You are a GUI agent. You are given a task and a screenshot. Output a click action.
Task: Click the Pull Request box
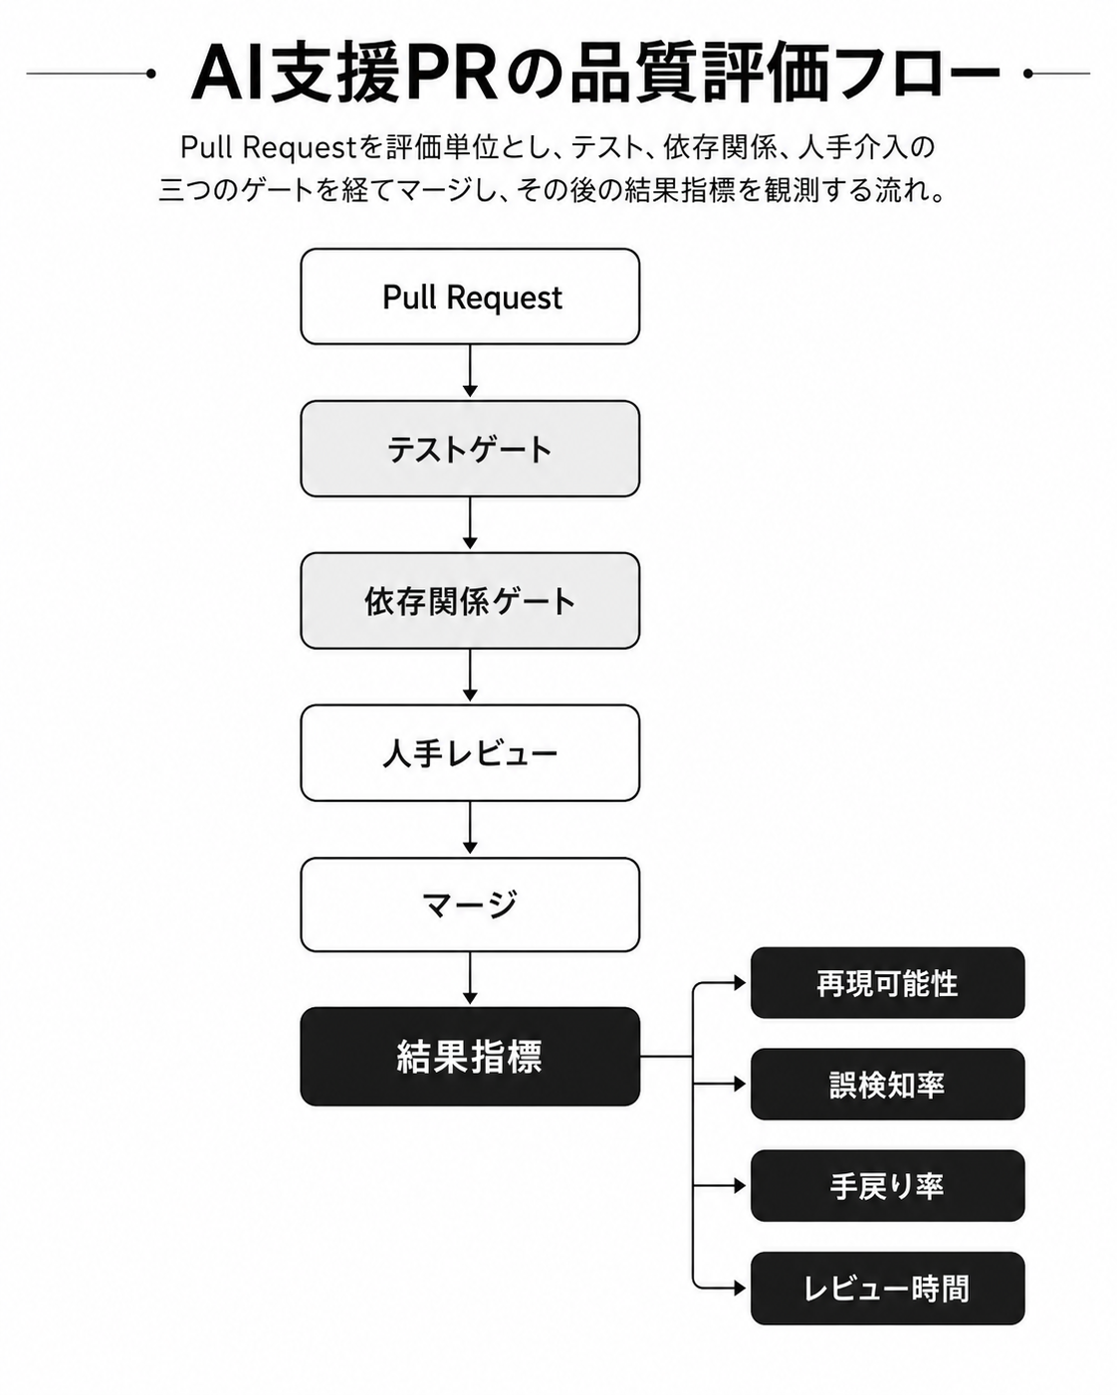470,297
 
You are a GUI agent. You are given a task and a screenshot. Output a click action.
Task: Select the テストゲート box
470,449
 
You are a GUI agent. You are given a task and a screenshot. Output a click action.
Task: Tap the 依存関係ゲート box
470,600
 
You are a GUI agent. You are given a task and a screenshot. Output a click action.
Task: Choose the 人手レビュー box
470,752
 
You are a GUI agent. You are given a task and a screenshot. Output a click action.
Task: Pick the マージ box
470,904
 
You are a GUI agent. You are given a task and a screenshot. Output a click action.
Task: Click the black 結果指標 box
470,1056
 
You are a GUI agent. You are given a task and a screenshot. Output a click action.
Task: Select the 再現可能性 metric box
887,983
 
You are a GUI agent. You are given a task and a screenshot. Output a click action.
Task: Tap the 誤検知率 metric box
887,1084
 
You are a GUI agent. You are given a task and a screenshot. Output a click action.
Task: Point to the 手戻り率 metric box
887,1186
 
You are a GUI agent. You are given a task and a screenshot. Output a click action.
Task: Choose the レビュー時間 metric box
887,1289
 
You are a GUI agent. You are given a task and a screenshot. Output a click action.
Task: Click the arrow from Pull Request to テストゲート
470,371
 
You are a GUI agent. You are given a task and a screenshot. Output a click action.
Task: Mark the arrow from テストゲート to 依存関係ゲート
470,523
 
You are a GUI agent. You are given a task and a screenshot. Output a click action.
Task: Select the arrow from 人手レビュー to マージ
470,828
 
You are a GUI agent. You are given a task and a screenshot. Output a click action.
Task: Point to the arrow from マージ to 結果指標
470,979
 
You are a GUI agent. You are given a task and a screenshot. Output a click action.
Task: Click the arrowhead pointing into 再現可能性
740,983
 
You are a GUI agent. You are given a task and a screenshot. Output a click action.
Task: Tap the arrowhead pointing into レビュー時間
740,1289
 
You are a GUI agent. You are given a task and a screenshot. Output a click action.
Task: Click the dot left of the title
151,74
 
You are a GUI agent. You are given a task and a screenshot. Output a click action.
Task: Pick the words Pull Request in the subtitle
269,148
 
